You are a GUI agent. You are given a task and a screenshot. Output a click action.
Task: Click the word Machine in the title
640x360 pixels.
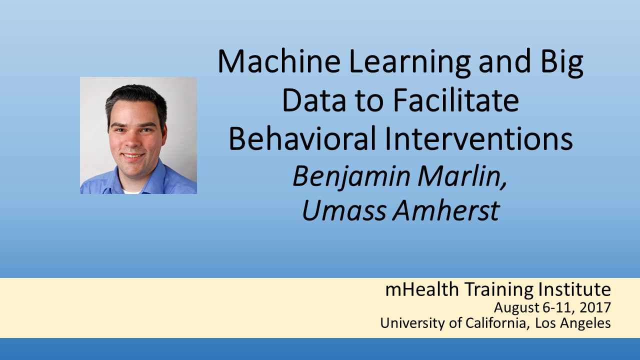click(x=279, y=61)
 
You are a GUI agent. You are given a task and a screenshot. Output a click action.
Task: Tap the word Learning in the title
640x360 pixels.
click(x=409, y=63)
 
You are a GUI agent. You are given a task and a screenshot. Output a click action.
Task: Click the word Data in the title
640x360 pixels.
click(x=314, y=100)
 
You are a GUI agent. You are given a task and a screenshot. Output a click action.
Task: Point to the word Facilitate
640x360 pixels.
click(x=456, y=100)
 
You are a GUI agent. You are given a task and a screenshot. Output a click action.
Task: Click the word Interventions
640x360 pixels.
click(x=478, y=139)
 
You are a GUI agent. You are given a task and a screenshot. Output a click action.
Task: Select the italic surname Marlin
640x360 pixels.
click(x=462, y=176)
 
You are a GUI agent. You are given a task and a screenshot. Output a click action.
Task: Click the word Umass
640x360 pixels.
click(x=344, y=210)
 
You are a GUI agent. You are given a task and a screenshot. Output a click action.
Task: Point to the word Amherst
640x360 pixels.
click(x=446, y=210)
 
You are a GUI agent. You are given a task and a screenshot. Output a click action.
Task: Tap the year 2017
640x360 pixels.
click(x=595, y=307)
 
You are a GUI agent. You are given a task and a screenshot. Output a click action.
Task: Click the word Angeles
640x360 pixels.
click(x=585, y=323)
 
